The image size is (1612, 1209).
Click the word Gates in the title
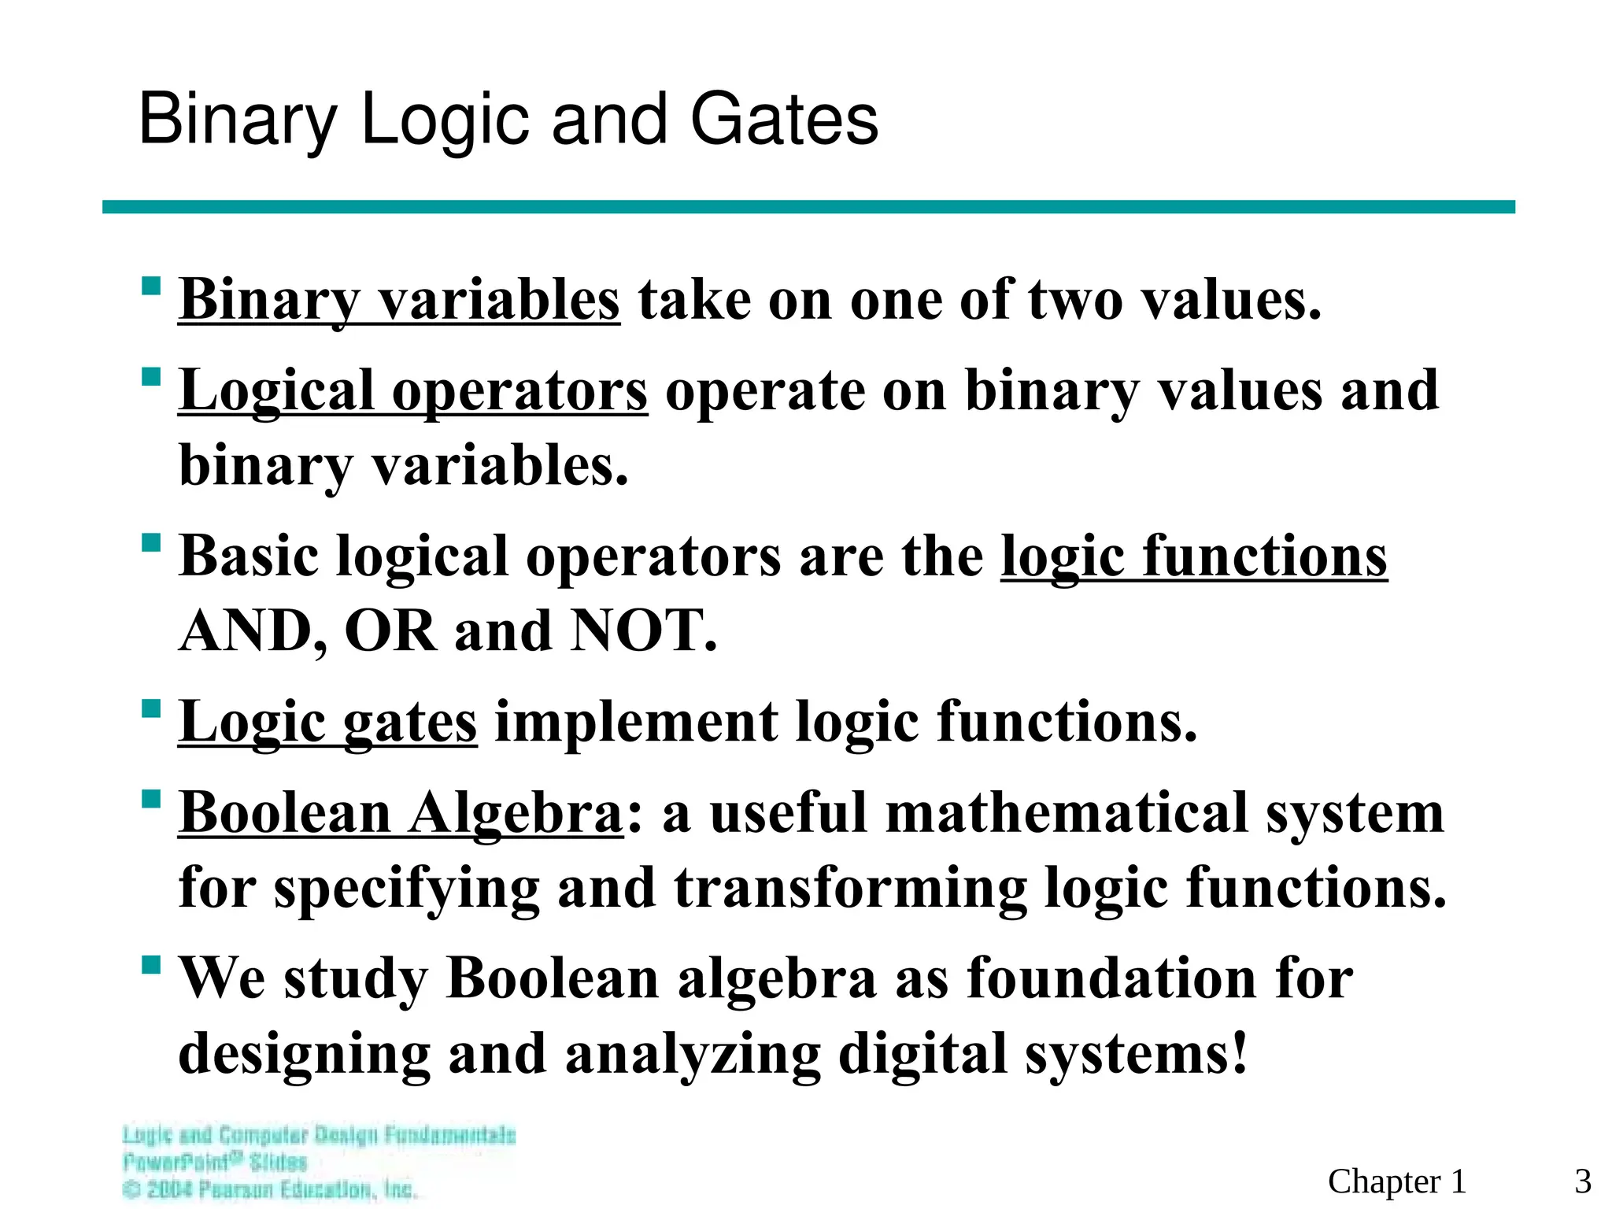click(784, 120)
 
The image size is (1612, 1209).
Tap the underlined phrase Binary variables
click(399, 300)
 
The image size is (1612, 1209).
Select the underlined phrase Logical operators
click(413, 390)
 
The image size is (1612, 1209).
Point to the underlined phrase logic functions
click(1194, 556)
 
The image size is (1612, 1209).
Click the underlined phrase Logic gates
click(327, 722)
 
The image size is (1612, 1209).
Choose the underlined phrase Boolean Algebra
click(401, 812)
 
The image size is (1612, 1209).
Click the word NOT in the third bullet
click(643, 631)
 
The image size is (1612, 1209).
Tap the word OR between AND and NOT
click(390, 631)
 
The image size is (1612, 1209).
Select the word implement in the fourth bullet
click(636, 722)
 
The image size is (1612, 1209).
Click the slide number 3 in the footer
click(1583, 1181)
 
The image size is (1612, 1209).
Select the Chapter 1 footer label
click(1397, 1181)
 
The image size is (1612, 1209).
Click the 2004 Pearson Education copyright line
click(270, 1189)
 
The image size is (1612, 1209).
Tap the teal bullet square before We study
click(151, 964)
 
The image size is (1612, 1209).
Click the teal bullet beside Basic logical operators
click(151, 542)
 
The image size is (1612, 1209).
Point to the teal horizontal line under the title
click(808, 207)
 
